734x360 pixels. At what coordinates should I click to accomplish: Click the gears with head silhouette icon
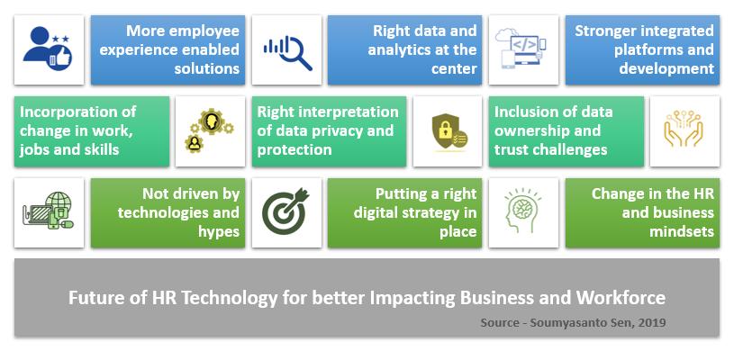click(x=210, y=130)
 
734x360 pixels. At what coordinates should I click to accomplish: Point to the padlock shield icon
click(x=448, y=130)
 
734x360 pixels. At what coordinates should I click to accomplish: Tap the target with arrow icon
click(x=286, y=211)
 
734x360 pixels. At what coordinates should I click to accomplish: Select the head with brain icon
click(x=522, y=211)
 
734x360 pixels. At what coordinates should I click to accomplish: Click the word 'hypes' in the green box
click(x=219, y=232)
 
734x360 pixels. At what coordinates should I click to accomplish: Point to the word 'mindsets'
click(x=682, y=231)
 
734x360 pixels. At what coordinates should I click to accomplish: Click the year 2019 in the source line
click(x=653, y=322)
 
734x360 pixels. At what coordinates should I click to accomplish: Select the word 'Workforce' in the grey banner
click(x=621, y=298)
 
